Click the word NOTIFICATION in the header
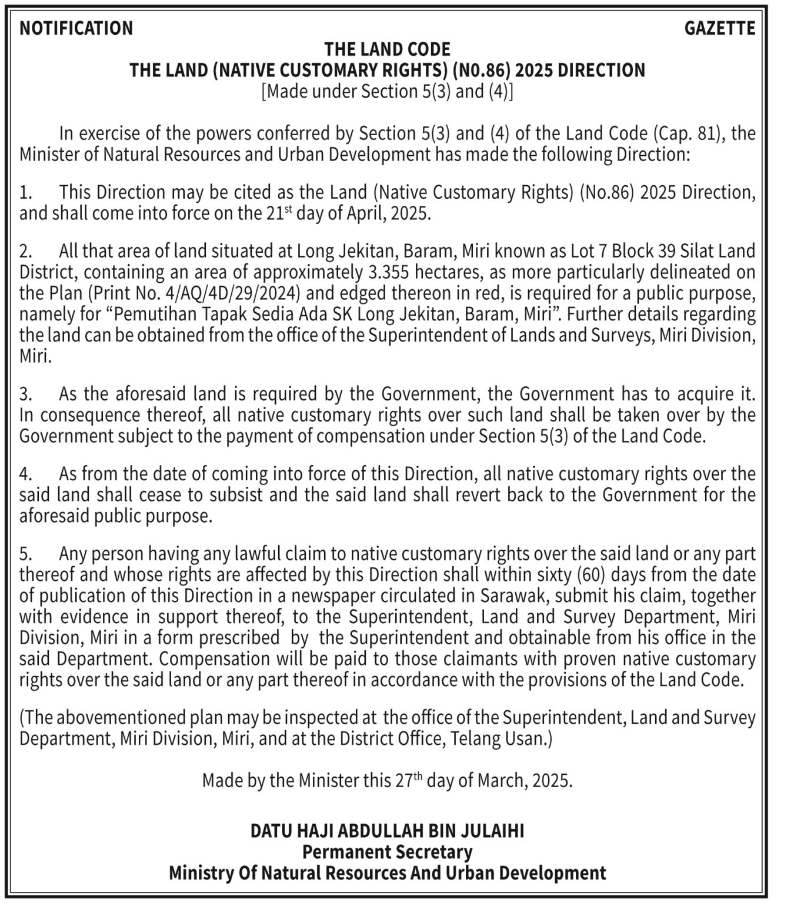(76, 28)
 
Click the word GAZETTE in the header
(719, 28)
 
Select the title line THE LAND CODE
(388, 49)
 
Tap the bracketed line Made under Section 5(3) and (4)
(388, 92)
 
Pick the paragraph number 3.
(26, 393)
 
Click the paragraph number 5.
(26, 554)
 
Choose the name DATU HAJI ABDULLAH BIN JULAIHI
(388, 831)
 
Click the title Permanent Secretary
(388, 852)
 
